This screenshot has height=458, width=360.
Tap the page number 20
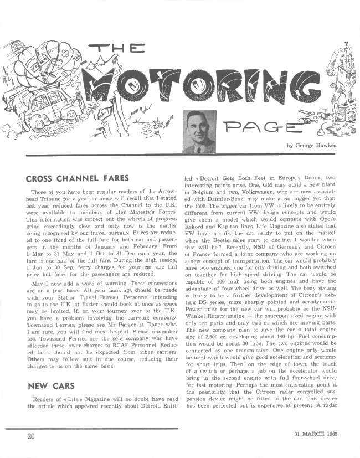[x=31, y=435]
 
